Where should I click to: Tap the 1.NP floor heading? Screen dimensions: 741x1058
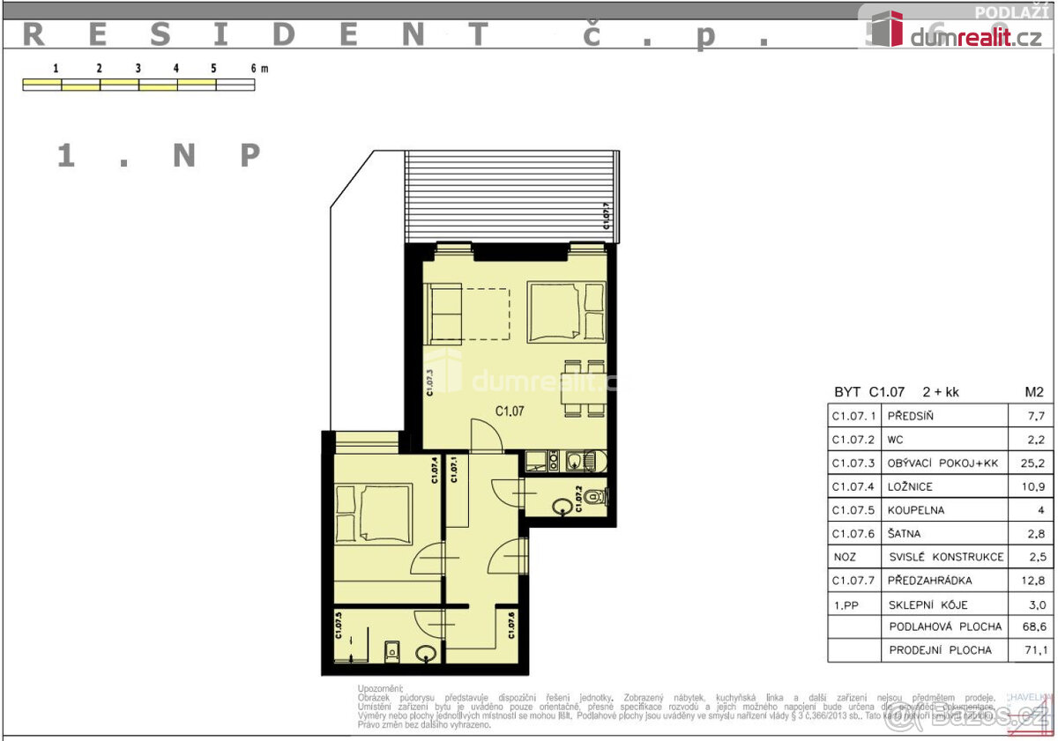[159, 156]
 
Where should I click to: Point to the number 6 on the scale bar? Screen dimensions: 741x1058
[253, 68]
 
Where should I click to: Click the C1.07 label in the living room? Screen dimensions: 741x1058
[510, 410]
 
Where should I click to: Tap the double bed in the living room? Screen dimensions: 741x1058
[566, 311]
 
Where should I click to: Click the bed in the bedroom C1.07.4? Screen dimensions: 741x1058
[372, 514]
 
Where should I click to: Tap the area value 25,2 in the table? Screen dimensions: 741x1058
[1032, 463]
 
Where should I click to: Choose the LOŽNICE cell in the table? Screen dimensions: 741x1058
[911, 486]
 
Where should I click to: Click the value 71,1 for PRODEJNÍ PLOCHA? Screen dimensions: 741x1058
[1032, 650]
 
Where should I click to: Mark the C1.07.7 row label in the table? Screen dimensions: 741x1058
[853, 581]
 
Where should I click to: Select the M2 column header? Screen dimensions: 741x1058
[1033, 392]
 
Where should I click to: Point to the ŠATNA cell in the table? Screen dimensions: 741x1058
[906, 533]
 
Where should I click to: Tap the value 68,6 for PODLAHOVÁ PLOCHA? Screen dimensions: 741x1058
[1032, 627]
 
